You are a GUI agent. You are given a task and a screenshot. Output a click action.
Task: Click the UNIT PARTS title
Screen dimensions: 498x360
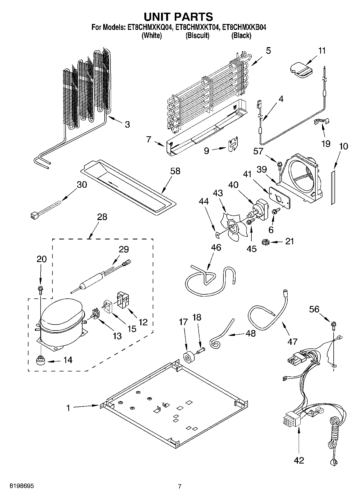[x=179, y=17]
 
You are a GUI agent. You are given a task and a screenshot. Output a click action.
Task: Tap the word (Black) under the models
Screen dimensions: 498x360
[x=241, y=36]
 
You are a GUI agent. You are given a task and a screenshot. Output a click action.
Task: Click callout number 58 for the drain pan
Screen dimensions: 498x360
[x=175, y=171]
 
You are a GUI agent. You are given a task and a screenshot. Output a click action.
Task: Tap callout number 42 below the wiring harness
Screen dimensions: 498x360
[x=299, y=460]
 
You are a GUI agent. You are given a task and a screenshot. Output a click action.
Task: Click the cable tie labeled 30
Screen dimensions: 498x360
[x=46, y=210]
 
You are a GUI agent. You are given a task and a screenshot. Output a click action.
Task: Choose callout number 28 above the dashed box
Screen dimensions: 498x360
[x=102, y=217]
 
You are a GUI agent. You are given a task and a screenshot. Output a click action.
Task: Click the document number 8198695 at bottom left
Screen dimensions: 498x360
[x=22, y=486]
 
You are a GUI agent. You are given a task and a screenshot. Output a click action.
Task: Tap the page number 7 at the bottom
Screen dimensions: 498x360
[x=180, y=486]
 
